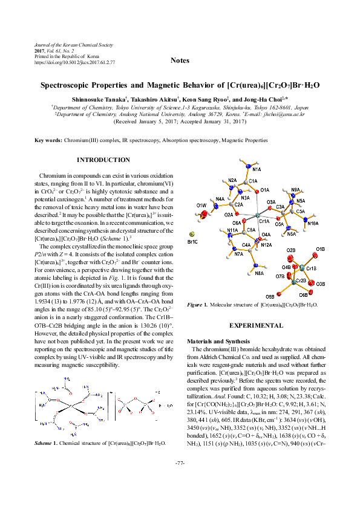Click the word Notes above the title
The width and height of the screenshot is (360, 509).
(x=180, y=60)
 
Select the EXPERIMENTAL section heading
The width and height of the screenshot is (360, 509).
(x=260, y=325)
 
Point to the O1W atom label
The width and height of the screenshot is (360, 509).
(x=201, y=206)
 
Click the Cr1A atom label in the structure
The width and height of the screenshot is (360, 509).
(x=264, y=222)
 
